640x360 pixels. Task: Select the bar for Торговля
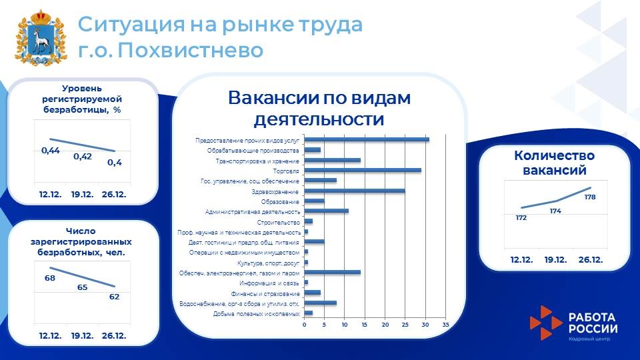(363, 171)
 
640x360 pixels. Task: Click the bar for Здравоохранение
(355, 191)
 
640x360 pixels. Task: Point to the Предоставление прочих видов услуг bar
(367, 139)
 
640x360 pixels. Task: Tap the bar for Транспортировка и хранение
(332, 160)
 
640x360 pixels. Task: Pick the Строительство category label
(279, 222)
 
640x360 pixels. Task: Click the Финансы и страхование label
(265, 293)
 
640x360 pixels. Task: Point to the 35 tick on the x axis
(445, 325)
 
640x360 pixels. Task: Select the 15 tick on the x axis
(365, 325)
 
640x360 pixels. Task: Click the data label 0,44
(51, 151)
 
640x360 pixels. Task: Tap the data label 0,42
(83, 157)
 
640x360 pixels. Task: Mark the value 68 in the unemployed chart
(50, 277)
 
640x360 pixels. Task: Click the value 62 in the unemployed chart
(114, 297)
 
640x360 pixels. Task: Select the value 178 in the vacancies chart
(590, 197)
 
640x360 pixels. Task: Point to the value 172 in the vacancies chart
(521, 218)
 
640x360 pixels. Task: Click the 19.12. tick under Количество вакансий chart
(555, 259)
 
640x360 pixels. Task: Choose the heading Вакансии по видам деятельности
(319, 108)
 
